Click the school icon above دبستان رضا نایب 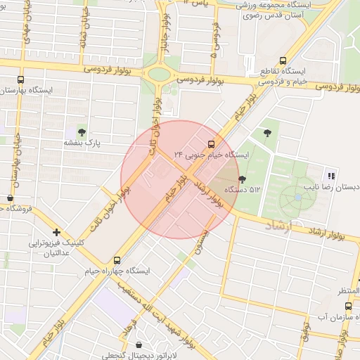click(x=330, y=176)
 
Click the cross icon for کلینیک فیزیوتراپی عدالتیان click(x=56, y=232)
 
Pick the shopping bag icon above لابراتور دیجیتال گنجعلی click(x=138, y=345)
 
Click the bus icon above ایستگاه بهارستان click(x=20, y=80)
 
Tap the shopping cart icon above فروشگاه click(x=9, y=198)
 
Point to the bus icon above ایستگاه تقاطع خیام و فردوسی click(x=283, y=60)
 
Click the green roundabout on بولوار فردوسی click(x=160, y=74)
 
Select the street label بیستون click(x=203, y=240)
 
